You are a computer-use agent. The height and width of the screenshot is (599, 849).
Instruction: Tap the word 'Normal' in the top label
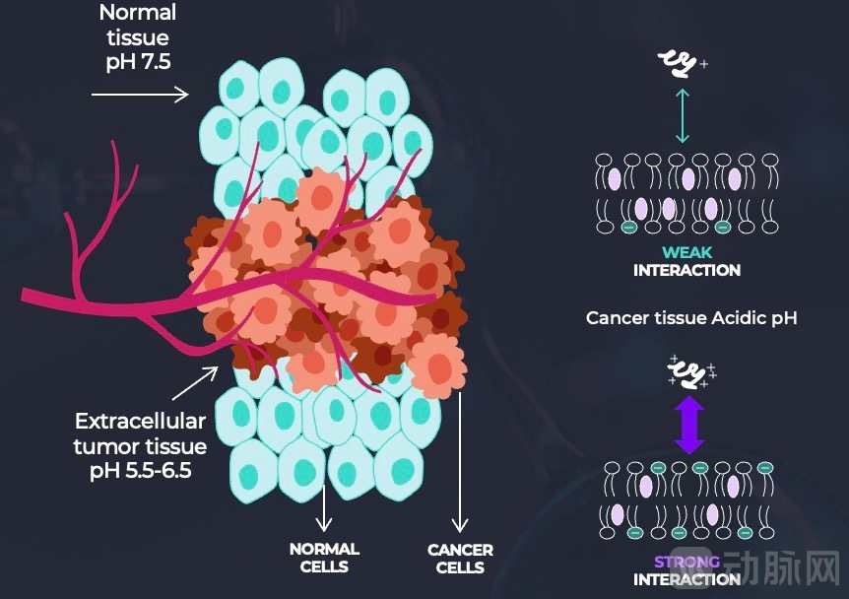138,14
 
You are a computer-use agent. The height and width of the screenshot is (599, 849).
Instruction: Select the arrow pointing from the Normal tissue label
139,95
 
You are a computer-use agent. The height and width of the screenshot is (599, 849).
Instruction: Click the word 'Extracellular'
141,422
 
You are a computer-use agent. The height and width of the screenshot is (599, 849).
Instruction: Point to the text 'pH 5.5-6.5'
141,470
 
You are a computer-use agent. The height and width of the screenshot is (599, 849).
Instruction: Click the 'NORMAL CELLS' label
324,557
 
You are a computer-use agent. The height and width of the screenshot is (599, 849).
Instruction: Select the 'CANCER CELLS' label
460,558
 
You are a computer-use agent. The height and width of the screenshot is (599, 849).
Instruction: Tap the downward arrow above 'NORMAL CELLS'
323,509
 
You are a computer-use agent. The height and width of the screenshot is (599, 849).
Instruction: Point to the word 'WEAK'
686,253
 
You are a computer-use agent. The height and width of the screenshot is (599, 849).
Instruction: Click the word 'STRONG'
686,562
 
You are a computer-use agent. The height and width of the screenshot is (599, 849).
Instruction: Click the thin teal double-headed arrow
683,113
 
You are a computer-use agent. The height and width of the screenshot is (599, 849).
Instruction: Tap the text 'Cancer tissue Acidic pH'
690,318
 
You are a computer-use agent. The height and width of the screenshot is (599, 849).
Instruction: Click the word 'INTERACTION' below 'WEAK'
686,270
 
